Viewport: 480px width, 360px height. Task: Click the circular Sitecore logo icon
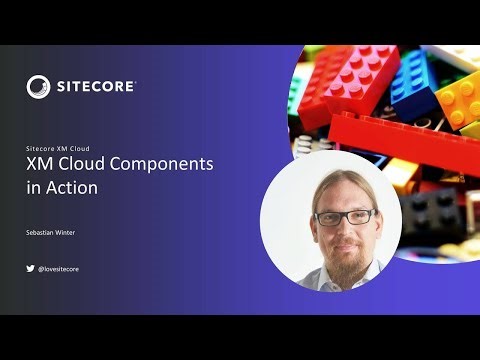pyautogui.click(x=40, y=87)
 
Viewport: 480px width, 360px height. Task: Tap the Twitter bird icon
pyautogui.click(x=30, y=268)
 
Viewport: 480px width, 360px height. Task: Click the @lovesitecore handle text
pyautogui.click(x=59, y=268)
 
